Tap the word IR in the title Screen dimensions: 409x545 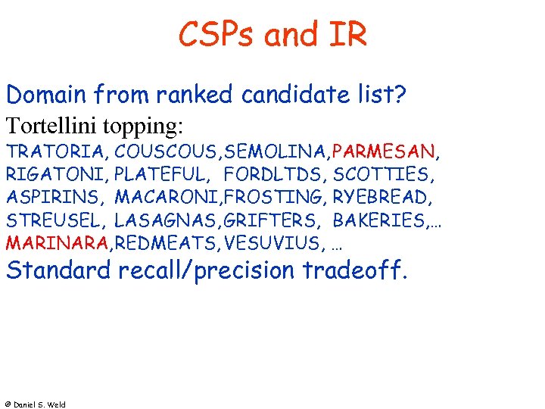[346, 36]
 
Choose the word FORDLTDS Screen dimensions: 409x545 [275, 176]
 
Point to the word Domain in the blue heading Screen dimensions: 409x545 [46, 96]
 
